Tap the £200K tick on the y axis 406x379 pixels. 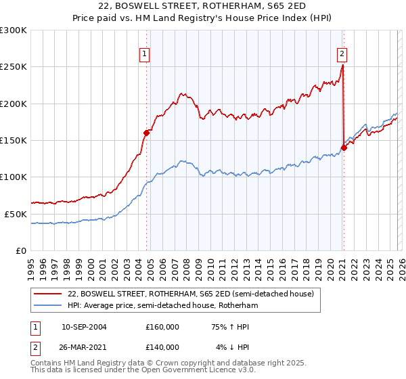[14, 104]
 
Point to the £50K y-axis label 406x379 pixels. [16, 214]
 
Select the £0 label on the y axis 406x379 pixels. [21, 250]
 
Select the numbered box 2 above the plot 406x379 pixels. [342, 55]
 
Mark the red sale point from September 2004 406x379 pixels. [147, 133]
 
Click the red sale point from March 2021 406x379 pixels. [344, 148]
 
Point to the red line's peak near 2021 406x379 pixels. [342, 66]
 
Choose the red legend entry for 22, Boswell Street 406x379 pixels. [190, 294]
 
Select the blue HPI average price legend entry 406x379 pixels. [162, 306]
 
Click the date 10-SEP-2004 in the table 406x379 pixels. [84, 327]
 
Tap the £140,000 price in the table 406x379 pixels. [162, 347]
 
